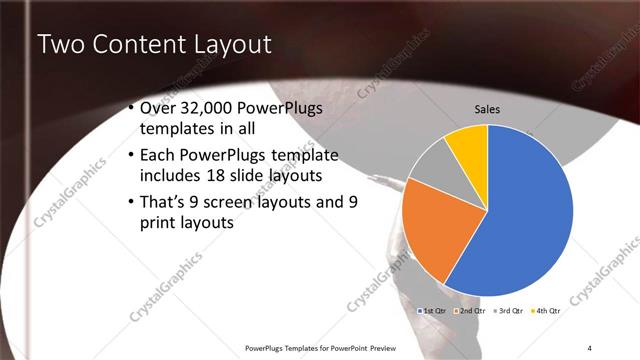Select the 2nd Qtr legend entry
pyautogui.click(x=471, y=311)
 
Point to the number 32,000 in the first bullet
pyautogui.click(x=215, y=108)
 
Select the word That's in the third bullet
pyautogui.click(x=165, y=202)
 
